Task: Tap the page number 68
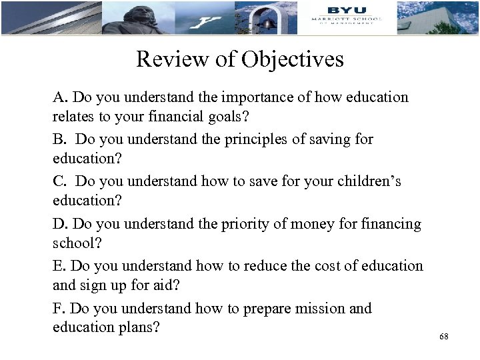click(444, 337)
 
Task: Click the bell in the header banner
click(268, 23)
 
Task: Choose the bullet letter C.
click(59, 181)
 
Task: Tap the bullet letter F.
click(59, 309)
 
